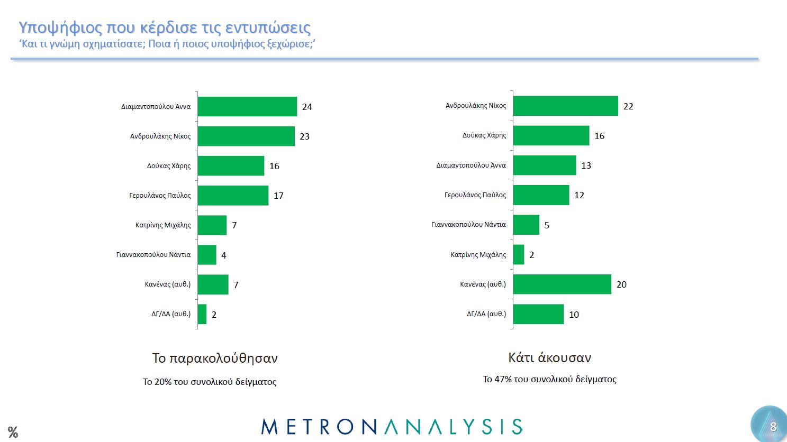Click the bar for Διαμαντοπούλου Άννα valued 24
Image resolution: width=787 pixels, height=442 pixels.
tap(247, 106)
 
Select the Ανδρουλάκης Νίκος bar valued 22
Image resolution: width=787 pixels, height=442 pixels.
tap(565, 106)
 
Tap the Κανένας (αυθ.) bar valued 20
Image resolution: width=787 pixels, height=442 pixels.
tap(562, 284)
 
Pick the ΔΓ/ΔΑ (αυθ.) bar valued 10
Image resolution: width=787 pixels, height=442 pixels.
tap(538, 314)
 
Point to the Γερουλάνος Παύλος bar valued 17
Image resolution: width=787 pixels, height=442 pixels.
tap(232, 195)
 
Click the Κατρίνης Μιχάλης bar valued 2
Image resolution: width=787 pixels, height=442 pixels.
tap(518, 255)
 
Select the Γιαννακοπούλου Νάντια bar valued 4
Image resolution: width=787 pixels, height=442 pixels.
tap(206, 255)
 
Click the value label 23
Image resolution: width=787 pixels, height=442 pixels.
tap(304, 136)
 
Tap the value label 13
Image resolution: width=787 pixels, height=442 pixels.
tap(586, 165)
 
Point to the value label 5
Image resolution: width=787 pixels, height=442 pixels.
tap(547, 225)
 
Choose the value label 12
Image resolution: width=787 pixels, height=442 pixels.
tap(579, 195)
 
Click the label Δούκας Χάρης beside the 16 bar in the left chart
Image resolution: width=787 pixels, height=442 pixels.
tap(169, 166)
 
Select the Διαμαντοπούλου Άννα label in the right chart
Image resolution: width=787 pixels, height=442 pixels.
tap(471, 165)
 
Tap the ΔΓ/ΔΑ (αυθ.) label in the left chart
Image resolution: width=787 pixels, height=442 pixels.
tap(171, 314)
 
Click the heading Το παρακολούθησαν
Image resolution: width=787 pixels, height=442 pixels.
tap(215, 358)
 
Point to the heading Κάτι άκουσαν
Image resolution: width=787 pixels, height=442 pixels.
tap(549, 358)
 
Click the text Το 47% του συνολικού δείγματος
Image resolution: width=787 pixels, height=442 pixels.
tap(549, 379)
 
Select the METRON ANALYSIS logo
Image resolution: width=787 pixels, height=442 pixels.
tap(392, 427)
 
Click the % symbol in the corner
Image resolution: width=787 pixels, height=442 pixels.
tap(13, 432)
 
